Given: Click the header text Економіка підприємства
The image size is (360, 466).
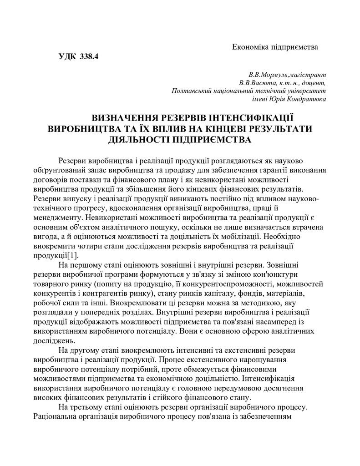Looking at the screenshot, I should tap(274, 47).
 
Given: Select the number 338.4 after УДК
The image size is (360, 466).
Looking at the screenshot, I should tap(89, 57).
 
